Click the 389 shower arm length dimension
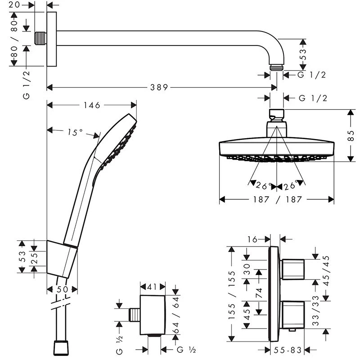(159, 87)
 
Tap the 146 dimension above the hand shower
(91, 105)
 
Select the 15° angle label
(75, 132)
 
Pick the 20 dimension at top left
(14, 5)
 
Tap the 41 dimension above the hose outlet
(153, 286)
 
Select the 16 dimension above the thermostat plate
(252, 239)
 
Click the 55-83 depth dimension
(288, 349)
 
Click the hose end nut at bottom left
(62, 348)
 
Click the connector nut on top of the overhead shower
(277, 114)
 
